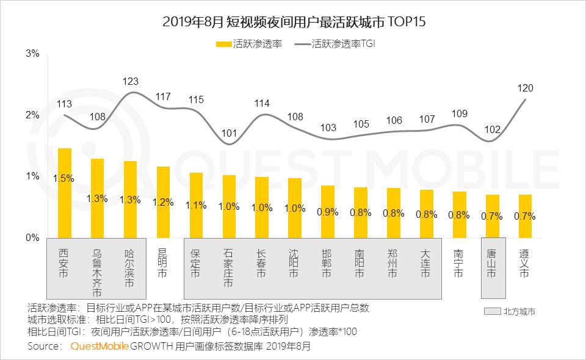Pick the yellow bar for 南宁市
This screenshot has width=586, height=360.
pos(459,214)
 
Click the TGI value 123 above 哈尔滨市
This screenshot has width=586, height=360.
pos(130,81)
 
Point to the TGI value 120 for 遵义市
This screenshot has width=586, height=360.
pos(526,87)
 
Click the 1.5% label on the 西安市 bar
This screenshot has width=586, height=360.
pos(63,179)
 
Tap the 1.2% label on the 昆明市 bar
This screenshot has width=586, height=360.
pos(163,203)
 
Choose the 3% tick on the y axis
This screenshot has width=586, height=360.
pos(32,54)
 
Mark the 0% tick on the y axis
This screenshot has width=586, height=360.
pos(32,238)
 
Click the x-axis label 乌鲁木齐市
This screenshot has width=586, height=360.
pos(96,268)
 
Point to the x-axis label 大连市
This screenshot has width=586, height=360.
pos(426,264)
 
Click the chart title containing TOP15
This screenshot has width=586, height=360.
pos(293,22)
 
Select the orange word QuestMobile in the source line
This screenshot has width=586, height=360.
pos(99,346)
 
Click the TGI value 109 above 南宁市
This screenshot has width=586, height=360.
pos(459,113)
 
